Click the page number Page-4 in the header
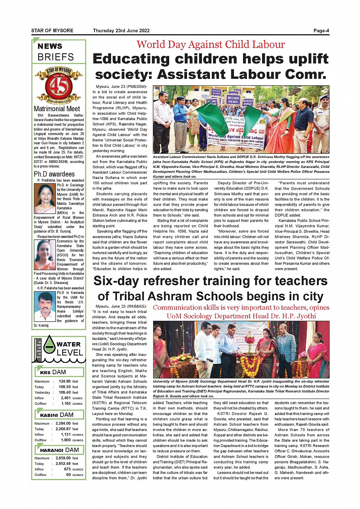click(321, 31)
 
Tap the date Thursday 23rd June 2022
click(121, 31)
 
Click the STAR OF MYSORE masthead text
click(52, 31)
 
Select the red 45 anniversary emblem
click(59, 86)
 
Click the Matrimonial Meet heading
click(57, 109)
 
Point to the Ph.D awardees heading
click(54, 174)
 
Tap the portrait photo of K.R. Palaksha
click(45, 306)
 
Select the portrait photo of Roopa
click(45, 254)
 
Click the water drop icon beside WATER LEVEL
click(50, 345)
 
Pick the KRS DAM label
click(53, 372)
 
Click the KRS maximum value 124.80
click(65, 381)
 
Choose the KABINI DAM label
click(57, 415)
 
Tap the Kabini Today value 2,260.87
click(63, 429)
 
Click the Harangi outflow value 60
click(69, 475)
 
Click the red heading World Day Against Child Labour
click(211, 45)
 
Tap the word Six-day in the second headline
click(117, 281)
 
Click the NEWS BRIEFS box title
click(56, 52)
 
